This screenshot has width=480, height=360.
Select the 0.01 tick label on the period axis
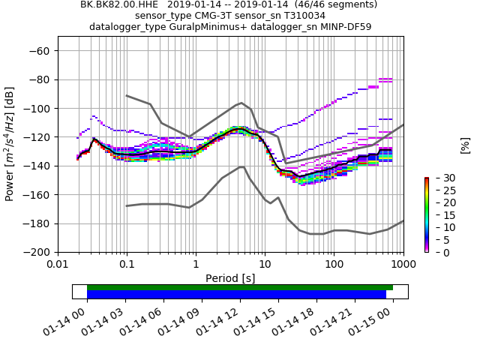(58, 265)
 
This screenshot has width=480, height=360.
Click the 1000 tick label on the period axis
(403, 265)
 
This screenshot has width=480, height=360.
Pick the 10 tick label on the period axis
(265, 265)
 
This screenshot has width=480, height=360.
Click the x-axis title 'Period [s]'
(230, 278)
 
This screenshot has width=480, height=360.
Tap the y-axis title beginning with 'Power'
(10, 144)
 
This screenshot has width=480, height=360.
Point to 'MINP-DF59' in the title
(346, 27)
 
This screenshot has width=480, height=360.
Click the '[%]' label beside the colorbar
(465, 144)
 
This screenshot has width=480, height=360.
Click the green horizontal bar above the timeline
(240, 287)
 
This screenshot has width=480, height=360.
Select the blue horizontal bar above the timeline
(236, 295)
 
